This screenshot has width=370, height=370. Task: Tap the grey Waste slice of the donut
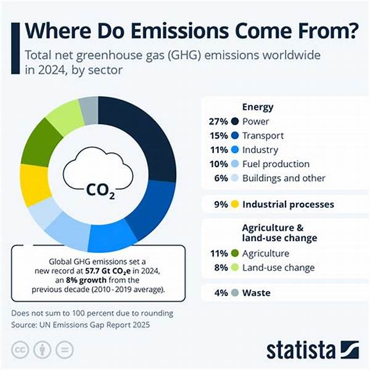[x=89, y=109]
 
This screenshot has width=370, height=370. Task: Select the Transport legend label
[x=264, y=136]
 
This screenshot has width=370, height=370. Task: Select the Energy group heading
[x=257, y=107]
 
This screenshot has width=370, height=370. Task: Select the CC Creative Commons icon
[x=20, y=349]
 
